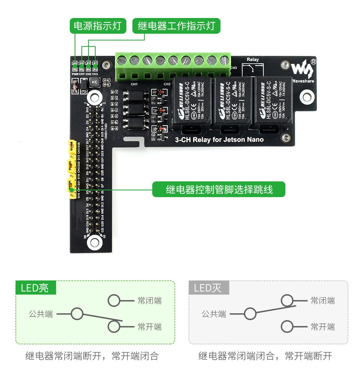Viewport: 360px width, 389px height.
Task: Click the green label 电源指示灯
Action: click(x=97, y=26)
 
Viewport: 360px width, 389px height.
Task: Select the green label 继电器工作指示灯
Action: click(x=176, y=26)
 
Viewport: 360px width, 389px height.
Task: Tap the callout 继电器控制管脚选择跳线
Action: click(x=219, y=190)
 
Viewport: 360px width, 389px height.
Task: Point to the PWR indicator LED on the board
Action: click(x=75, y=67)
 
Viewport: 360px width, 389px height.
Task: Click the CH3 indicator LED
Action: click(x=95, y=67)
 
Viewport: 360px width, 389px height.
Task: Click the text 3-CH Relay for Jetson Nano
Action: click(x=219, y=140)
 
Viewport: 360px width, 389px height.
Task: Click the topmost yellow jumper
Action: click(x=70, y=147)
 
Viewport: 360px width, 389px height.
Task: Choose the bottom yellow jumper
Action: click(x=70, y=186)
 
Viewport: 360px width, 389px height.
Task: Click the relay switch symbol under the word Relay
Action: click(x=252, y=69)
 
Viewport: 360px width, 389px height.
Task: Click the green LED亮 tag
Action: click(x=36, y=288)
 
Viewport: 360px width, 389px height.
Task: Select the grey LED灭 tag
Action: click(x=208, y=288)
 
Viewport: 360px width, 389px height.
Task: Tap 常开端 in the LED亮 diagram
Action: click(x=149, y=327)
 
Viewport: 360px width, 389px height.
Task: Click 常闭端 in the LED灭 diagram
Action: click(x=322, y=301)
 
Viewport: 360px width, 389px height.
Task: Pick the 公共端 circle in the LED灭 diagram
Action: click(x=250, y=314)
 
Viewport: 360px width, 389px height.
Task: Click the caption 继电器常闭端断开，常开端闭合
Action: click(x=92, y=356)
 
